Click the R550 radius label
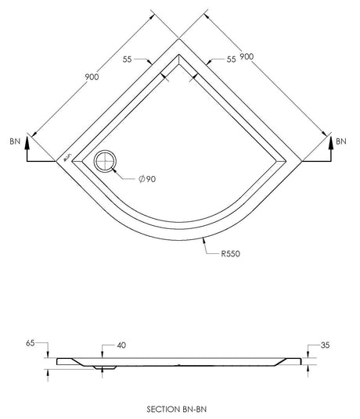[x=230, y=253]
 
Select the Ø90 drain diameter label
[x=147, y=179]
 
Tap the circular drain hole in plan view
[x=105, y=161]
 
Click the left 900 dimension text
[x=92, y=77]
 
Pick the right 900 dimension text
[x=247, y=56]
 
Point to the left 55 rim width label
[x=128, y=59]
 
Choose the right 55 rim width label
[x=232, y=59]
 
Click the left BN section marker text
[x=15, y=141]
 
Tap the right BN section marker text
[x=341, y=141]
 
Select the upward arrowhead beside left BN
[x=27, y=142]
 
